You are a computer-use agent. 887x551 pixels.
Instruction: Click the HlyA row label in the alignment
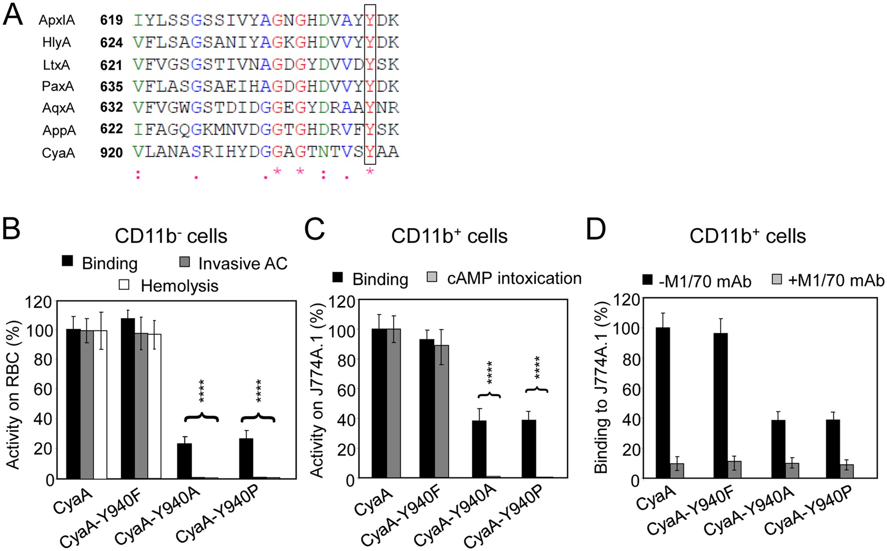[56, 43]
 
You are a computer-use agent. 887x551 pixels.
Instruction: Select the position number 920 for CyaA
[112, 152]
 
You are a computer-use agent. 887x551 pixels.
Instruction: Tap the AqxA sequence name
[58, 109]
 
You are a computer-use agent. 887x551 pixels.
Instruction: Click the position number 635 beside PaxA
[112, 87]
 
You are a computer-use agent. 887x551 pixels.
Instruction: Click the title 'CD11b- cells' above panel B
[171, 236]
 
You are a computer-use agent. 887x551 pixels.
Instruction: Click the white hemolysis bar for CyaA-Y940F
[155, 406]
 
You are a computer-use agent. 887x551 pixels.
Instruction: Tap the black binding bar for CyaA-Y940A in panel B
[185, 461]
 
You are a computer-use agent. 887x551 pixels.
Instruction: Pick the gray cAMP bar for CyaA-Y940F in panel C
[442, 411]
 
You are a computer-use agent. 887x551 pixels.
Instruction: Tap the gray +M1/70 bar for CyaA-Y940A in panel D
[792, 470]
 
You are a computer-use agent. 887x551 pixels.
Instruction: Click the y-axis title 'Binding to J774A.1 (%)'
[601, 388]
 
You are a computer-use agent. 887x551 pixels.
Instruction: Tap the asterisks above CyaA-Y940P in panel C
[537, 367]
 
